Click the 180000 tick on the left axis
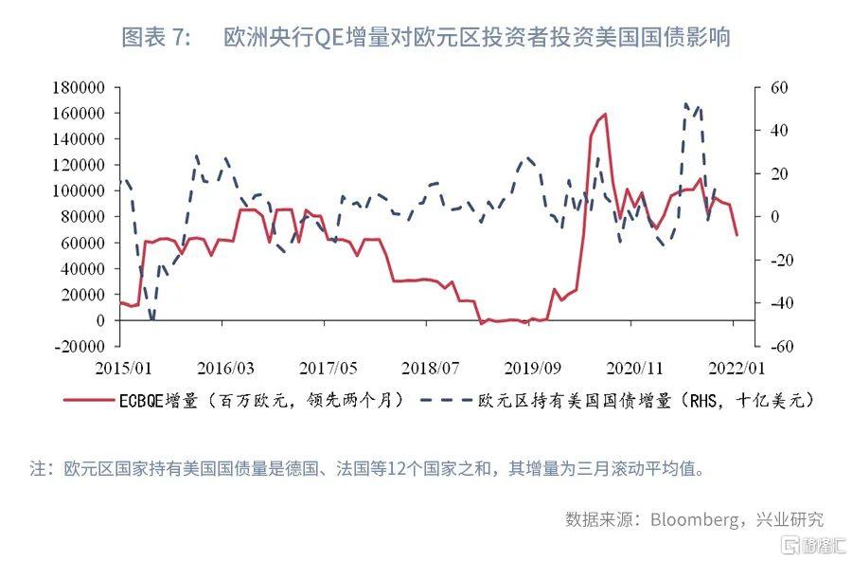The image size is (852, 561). (x=79, y=87)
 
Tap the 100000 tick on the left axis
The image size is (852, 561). (x=79, y=190)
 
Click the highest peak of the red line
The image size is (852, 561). (x=604, y=115)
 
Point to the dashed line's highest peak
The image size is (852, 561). (x=685, y=103)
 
